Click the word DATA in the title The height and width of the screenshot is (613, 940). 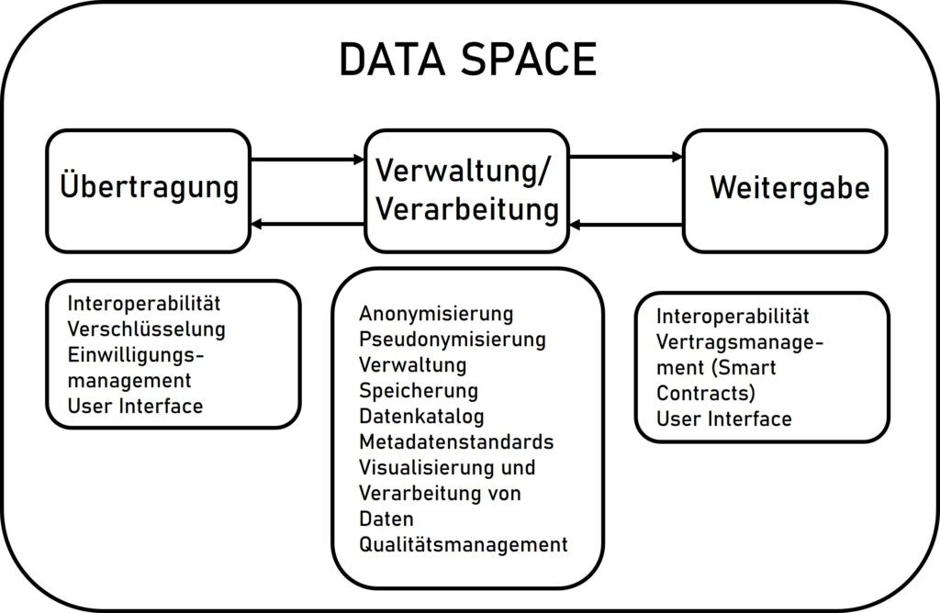pos(392,60)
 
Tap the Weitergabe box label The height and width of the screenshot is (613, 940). pos(790,187)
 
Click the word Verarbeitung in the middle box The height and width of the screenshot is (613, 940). pos(467,210)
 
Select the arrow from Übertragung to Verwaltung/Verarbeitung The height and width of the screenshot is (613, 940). pos(308,160)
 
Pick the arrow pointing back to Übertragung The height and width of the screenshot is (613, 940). pos(308,225)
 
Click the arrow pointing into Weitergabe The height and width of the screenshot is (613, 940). pos(626,157)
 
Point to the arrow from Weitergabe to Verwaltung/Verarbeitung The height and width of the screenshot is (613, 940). pos(626,226)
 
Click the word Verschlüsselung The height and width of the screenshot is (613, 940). pos(146,329)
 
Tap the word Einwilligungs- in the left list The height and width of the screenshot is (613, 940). pos(136,355)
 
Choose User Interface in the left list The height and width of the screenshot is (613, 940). pos(136,407)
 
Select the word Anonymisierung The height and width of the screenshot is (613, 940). pos(436,314)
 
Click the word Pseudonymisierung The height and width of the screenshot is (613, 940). pos(453,340)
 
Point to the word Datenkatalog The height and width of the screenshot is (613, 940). pos(421,416)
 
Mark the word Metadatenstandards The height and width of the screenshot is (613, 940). pos(457,442)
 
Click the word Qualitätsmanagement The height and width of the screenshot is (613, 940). pos(464,545)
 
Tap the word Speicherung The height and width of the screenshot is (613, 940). pos(419,391)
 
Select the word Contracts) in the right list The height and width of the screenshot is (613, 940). pos(706,393)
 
